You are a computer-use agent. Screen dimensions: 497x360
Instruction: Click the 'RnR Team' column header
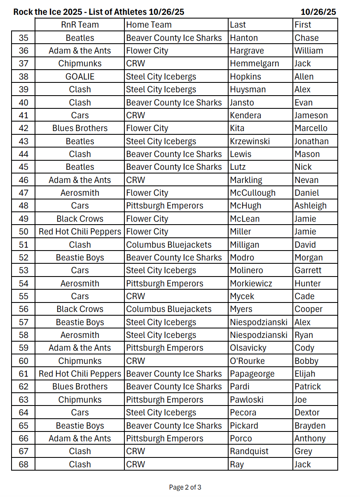coord(79,25)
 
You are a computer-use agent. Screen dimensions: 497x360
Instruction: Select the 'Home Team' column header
coord(149,25)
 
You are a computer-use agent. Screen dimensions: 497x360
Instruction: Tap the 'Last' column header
coord(238,25)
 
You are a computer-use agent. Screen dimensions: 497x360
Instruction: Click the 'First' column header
coord(303,25)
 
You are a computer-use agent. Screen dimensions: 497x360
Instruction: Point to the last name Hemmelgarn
coord(254,63)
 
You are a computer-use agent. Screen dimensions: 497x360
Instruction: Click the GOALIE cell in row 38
coord(79,77)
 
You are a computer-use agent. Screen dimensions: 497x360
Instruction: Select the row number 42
coord(23,128)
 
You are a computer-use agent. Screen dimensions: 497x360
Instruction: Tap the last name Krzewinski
coord(250,141)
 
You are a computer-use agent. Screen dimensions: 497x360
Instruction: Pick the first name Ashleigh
coord(310,206)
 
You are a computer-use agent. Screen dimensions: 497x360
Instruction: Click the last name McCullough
coord(252,193)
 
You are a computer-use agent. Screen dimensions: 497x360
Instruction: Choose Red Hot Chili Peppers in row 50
coord(79,232)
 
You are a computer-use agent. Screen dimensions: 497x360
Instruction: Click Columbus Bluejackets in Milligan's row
coord(168,245)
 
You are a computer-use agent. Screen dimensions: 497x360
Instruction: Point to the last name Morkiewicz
coord(251,284)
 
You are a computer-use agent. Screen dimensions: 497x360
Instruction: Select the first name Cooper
coord(309,309)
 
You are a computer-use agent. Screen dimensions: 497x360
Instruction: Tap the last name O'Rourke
coord(247,361)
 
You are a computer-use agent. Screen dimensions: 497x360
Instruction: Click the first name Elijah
coord(305,374)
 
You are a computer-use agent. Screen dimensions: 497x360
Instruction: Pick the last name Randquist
coord(249,451)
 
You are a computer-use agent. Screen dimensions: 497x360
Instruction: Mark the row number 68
coord(23,464)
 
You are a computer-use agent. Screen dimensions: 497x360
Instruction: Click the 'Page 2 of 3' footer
coord(185,488)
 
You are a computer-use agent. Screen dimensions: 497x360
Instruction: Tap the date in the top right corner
coord(318,12)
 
